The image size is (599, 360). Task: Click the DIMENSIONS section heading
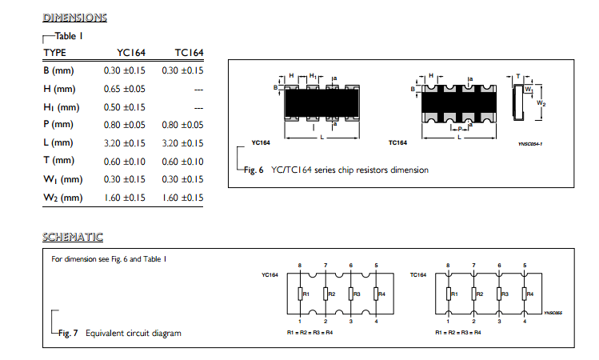pyautogui.click(x=75, y=18)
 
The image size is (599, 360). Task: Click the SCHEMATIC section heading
pyautogui.click(x=73, y=237)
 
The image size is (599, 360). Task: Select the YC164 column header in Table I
pyautogui.click(x=131, y=53)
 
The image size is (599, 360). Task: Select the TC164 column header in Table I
pyautogui.click(x=189, y=53)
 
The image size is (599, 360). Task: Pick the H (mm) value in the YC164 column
pyautogui.click(x=125, y=89)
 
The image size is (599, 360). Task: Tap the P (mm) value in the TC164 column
pyautogui.click(x=182, y=125)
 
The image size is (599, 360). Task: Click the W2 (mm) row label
pyautogui.click(x=63, y=198)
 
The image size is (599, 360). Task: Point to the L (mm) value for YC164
pyautogui.click(x=125, y=143)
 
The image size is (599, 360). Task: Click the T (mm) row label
pyautogui.click(x=59, y=161)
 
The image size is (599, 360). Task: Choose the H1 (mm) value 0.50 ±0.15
pyautogui.click(x=125, y=107)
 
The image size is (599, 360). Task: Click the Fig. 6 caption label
pyautogui.click(x=254, y=170)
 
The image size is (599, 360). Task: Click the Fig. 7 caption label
pyautogui.click(x=68, y=334)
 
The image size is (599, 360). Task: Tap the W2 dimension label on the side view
pyautogui.click(x=541, y=103)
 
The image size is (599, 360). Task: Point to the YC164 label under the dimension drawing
pyautogui.click(x=261, y=142)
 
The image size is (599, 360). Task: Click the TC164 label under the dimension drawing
pyautogui.click(x=397, y=142)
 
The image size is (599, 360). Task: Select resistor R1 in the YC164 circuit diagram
pyautogui.click(x=300, y=294)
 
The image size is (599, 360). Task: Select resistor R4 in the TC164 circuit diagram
pyautogui.click(x=525, y=294)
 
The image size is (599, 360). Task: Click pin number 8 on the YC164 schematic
pyautogui.click(x=300, y=266)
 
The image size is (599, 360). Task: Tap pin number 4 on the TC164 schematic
pyautogui.click(x=525, y=322)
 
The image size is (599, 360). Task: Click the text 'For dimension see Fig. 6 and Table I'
pyautogui.click(x=109, y=259)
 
